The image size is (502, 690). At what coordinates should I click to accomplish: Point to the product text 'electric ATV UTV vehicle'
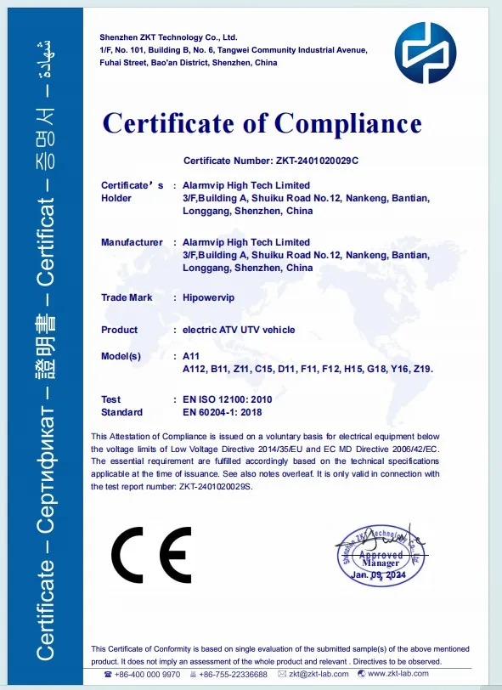pyautogui.click(x=240, y=330)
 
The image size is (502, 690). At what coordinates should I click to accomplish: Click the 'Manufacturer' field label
pyautogui.click(x=132, y=242)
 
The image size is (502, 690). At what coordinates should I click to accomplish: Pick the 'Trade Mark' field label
pyautogui.click(x=127, y=297)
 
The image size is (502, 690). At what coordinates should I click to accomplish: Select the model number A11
pyautogui.click(x=191, y=356)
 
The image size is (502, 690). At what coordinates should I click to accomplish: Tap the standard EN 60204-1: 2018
pyautogui.click(x=223, y=412)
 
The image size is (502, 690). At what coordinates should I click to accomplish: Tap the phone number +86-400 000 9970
pyautogui.click(x=148, y=675)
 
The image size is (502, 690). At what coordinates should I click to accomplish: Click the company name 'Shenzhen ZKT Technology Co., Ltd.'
pyautogui.click(x=168, y=38)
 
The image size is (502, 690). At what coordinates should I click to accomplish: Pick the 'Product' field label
pyautogui.click(x=119, y=330)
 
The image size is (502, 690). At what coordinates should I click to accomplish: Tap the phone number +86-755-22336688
pyautogui.click(x=233, y=675)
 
